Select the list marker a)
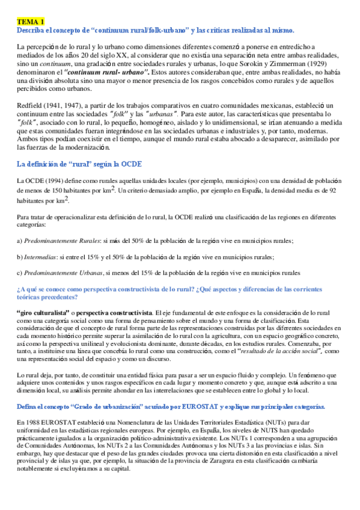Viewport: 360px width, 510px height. coord(20,241)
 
